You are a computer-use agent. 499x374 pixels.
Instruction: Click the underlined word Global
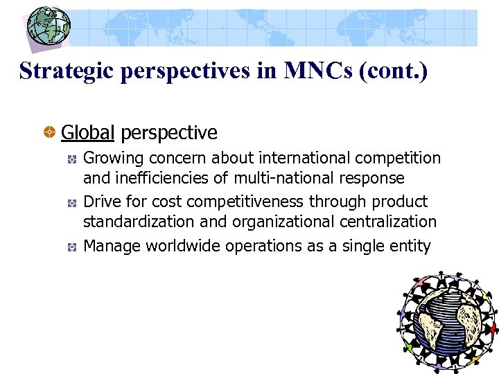87,132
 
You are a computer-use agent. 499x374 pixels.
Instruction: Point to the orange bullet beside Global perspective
50,132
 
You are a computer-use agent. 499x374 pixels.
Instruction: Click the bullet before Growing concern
71,160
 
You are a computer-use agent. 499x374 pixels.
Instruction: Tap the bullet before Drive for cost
71,204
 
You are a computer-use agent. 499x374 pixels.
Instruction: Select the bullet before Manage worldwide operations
71,247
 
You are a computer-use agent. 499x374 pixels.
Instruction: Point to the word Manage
108,247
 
